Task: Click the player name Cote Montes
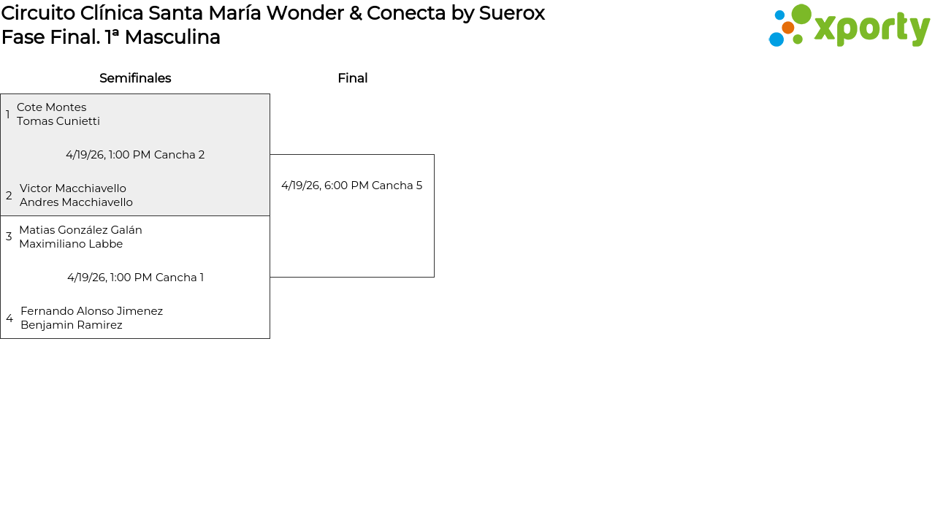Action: pos(51,107)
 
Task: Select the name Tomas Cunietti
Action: pos(58,121)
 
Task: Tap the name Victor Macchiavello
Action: pos(73,188)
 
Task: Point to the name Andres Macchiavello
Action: pos(76,202)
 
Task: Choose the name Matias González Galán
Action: pos(80,230)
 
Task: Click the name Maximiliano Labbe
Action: pos(71,244)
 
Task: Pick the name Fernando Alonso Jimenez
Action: pos(91,311)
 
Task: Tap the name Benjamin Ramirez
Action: pos(72,325)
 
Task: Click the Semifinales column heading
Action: pos(135,78)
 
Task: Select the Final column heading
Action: pos(352,78)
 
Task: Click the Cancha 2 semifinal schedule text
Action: pos(135,155)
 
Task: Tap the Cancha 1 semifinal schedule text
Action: pos(135,278)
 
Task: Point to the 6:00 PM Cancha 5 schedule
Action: pos(351,186)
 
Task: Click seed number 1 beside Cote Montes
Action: pos(8,115)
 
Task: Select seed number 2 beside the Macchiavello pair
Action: pos(9,196)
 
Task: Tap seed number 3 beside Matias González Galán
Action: pos(9,237)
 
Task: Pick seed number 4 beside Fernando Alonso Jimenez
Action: pos(9,318)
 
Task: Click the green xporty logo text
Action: pos(871,29)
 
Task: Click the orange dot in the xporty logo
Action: pos(787,28)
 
